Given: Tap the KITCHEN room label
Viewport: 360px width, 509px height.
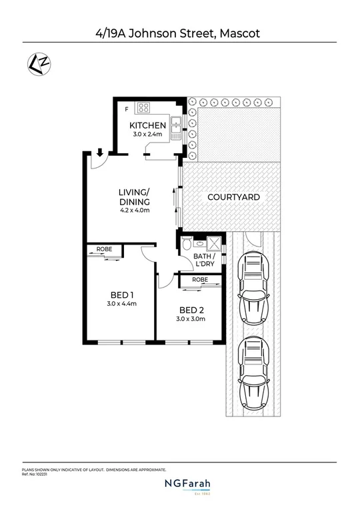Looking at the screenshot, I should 147,125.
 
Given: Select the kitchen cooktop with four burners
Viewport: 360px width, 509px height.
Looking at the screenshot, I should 145,107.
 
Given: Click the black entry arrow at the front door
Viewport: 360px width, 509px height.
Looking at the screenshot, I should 99,153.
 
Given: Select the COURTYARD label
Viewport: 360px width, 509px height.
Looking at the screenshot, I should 233,197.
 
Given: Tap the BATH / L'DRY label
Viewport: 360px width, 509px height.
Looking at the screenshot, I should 205,260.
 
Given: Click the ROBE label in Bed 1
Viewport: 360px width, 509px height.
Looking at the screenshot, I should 104,249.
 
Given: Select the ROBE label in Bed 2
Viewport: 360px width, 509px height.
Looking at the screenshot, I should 200,280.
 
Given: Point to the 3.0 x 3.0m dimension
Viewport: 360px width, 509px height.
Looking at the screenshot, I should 191,319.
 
